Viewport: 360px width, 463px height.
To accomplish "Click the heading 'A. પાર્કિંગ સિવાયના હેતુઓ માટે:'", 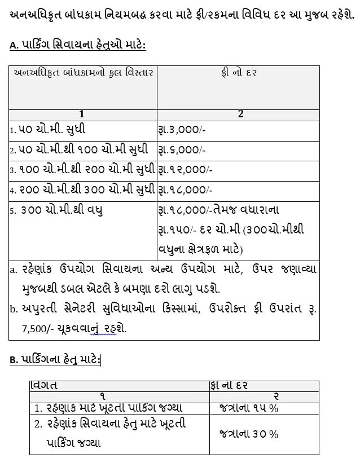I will pyautogui.click(x=77, y=45).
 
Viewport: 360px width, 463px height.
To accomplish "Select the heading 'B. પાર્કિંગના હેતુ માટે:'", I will pyautogui.click(x=55, y=359).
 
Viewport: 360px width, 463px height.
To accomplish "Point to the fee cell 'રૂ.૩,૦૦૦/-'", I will pyautogui.click(x=182, y=129).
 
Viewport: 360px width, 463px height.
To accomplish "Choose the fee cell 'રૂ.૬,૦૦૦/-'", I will pyautogui.click(x=182, y=149).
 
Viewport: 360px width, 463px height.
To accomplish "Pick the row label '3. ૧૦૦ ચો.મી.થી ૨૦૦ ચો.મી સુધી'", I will pyautogui.click(x=82, y=169).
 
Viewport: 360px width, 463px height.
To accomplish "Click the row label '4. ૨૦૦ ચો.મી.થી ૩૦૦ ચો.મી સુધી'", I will pyautogui.click(x=82, y=189).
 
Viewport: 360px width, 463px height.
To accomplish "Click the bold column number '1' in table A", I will pyautogui.click(x=82, y=114).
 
